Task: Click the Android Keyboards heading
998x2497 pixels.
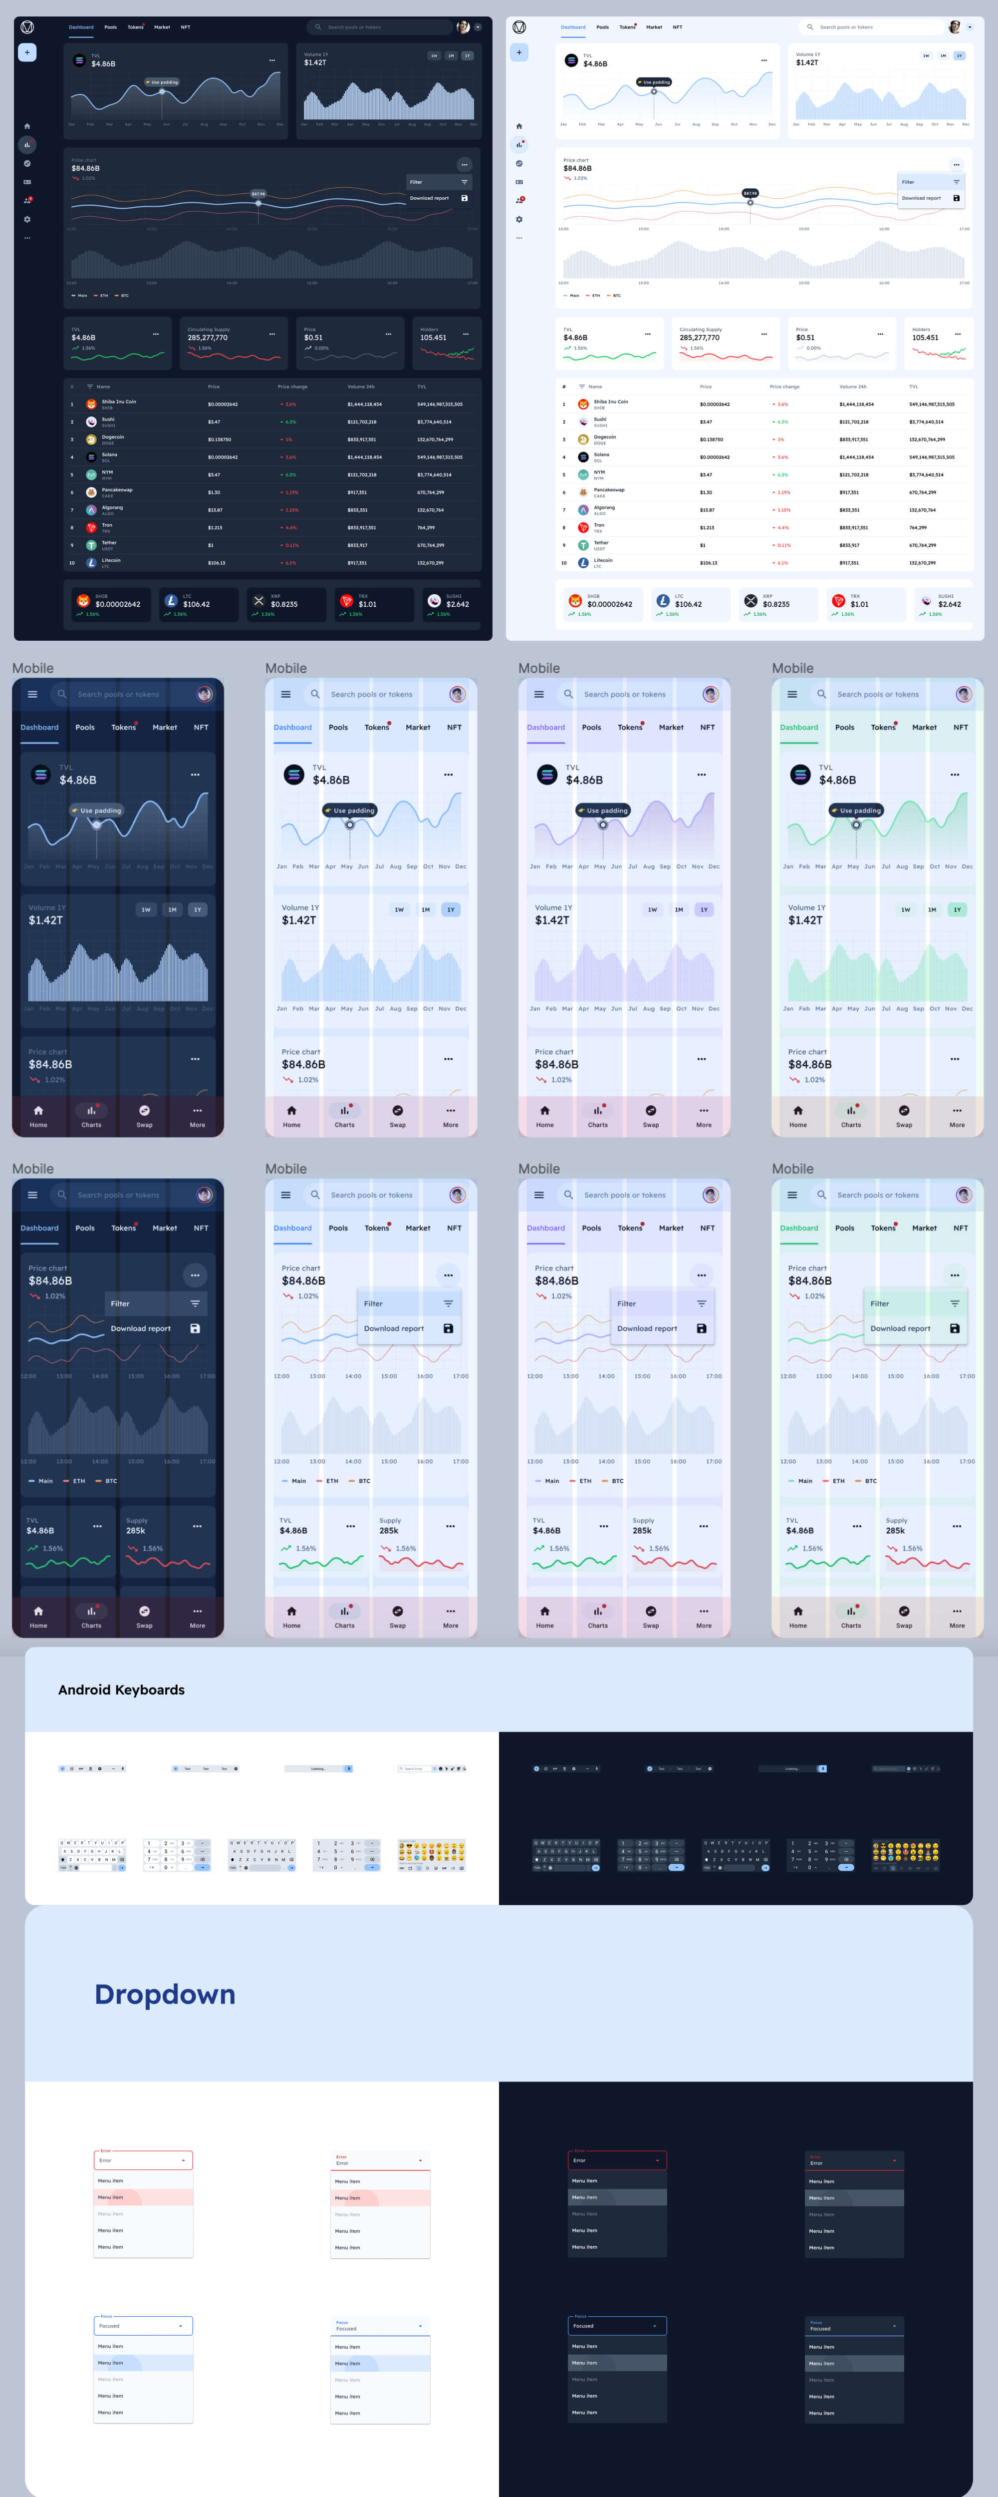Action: (x=121, y=1689)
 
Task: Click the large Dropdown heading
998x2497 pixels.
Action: (x=165, y=1994)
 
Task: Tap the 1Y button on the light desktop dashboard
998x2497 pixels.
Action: (x=959, y=55)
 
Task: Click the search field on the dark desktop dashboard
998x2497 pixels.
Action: (x=378, y=27)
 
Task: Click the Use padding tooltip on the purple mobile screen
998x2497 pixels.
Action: (x=603, y=811)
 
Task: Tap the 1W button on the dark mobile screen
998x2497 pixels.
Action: (x=145, y=909)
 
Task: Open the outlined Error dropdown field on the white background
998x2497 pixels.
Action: (x=143, y=2160)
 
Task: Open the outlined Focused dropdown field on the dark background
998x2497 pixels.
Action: (x=617, y=2325)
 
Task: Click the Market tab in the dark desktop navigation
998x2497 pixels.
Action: (x=162, y=27)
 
